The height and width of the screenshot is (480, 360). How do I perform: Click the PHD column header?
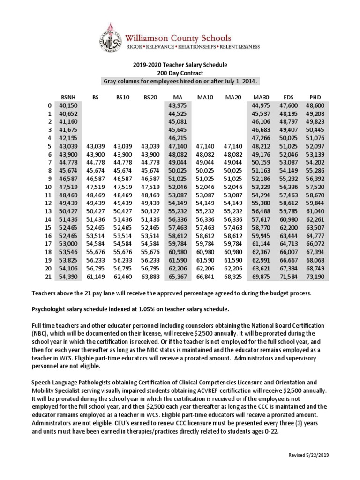click(x=312, y=97)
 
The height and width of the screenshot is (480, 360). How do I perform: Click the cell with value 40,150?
click(x=69, y=105)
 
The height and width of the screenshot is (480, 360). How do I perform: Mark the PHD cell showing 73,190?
click(x=312, y=277)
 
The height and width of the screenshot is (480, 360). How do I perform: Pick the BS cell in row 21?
click(x=96, y=277)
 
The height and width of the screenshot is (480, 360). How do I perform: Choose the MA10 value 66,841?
click(x=205, y=277)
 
